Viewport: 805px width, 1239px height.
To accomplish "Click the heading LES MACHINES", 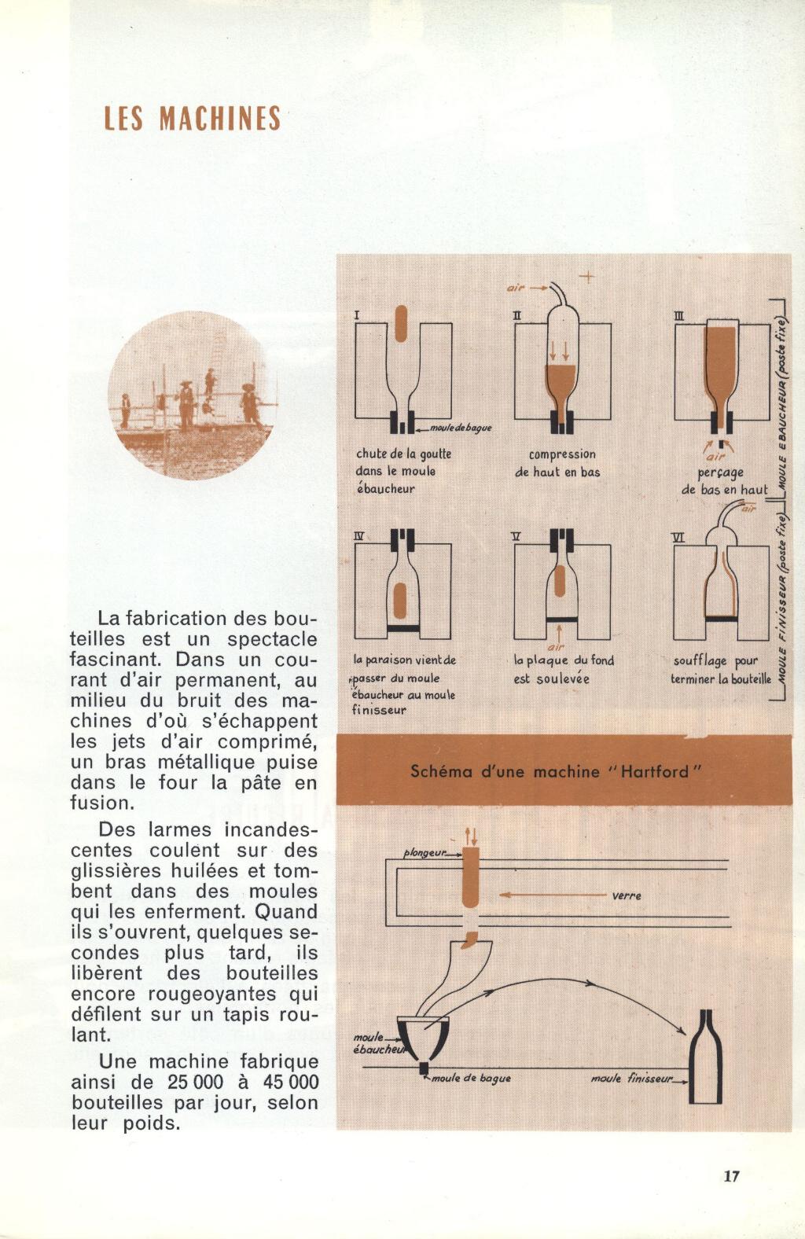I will pyautogui.click(x=193, y=118).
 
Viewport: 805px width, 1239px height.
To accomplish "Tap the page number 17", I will pyautogui.click(x=732, y=1176).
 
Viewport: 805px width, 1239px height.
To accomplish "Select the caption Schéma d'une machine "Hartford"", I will pyautogui.click(x=555, y=771).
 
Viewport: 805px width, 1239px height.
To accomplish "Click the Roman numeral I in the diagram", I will pyautogui.click(x=357, y=315).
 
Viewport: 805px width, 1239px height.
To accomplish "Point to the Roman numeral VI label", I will pyautogui.click(x=680, y=536).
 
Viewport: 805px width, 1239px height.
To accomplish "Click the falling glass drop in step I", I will pyautogui.click(x=401, y=323).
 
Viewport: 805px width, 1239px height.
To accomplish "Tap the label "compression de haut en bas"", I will pyautogui.click(x=557, y=463).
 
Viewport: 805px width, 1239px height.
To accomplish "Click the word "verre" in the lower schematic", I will pyautogui.click(x=627, y=895).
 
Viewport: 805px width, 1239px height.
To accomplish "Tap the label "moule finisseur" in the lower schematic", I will pyautogui.click(x=634, y=1079).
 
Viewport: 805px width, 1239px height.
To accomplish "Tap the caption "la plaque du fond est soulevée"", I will pyautogui.click(x=564, y=669).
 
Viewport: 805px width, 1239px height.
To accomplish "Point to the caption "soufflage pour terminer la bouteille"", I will pyautogui.click(x=721, y=670).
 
